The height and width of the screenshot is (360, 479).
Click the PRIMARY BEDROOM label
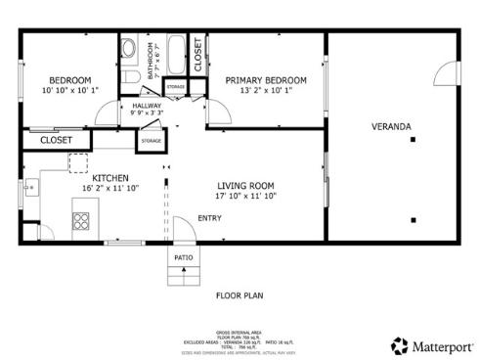tap(266, 80)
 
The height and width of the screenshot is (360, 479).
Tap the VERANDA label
tap(390, 127)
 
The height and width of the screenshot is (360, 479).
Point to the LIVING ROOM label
tap(244, 185)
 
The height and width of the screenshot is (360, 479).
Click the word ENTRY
tap(209, 218)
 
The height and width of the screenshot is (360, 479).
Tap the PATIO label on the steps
tap(183, 258)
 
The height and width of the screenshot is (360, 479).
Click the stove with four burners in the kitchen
tap(82, 220)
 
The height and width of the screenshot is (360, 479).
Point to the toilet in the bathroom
tap(129, 49)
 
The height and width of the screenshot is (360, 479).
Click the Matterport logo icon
tap(400, 345)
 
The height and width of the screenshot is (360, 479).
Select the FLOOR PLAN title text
tap(239, 294)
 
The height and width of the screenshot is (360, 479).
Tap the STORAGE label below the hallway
tap(151, 141)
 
